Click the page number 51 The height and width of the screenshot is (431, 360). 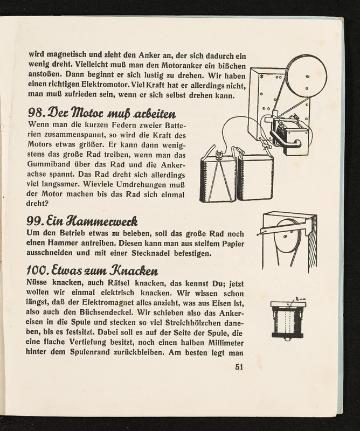[240, 368]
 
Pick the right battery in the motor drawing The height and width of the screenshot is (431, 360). [254, 177]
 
